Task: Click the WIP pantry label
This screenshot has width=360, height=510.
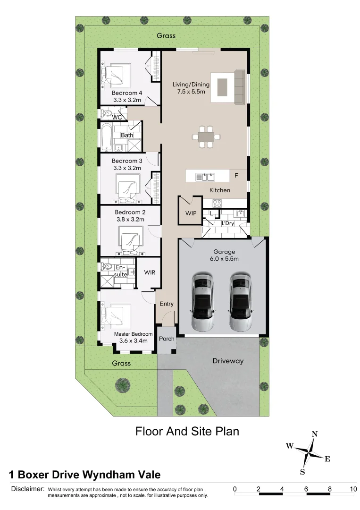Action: point(191,213)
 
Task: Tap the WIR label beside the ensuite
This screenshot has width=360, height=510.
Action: point(150,272)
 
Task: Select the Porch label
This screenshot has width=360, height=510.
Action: point(167,339)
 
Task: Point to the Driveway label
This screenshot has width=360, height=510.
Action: point(228,361)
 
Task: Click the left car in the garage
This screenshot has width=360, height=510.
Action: point(203,302)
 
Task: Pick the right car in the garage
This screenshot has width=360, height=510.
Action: point(241,302)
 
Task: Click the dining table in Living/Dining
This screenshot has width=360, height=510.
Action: point(206,137)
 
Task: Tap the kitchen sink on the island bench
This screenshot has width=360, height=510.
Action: point(205,177)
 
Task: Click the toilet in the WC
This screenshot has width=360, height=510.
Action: point(106,113)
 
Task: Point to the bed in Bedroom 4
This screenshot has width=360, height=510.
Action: point(117,75)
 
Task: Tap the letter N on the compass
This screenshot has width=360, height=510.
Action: point(315,434)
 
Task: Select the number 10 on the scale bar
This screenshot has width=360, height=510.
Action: point(353,489)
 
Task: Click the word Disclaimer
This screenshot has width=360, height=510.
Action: point(28,489)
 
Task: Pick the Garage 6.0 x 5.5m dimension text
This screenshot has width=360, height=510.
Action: point(224,255)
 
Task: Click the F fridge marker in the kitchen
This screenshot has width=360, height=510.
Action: point(236,175)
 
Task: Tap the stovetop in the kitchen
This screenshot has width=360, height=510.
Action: point(217,204)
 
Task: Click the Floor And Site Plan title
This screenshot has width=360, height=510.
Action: point(187,431)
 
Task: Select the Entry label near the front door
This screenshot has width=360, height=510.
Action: point(167,304)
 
